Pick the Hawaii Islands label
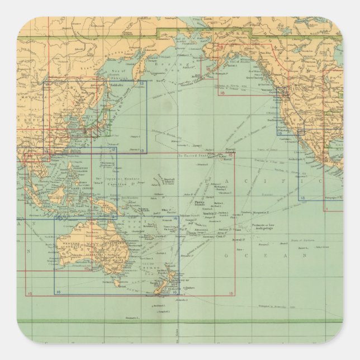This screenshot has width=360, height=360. point(229,150)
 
